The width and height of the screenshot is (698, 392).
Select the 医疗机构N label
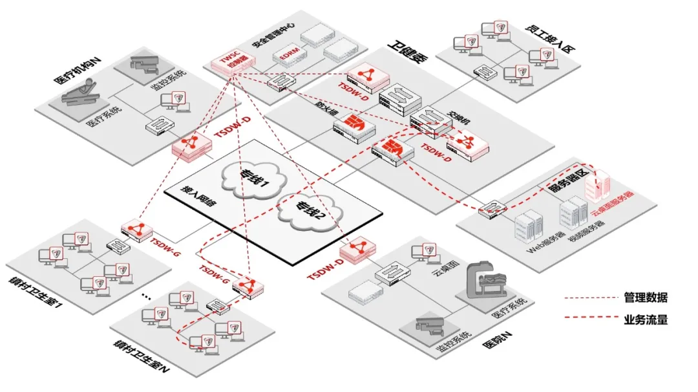(76, 71)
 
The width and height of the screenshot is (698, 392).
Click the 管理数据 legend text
(646, 298)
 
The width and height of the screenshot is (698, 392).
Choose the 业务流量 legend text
(646, 319)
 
